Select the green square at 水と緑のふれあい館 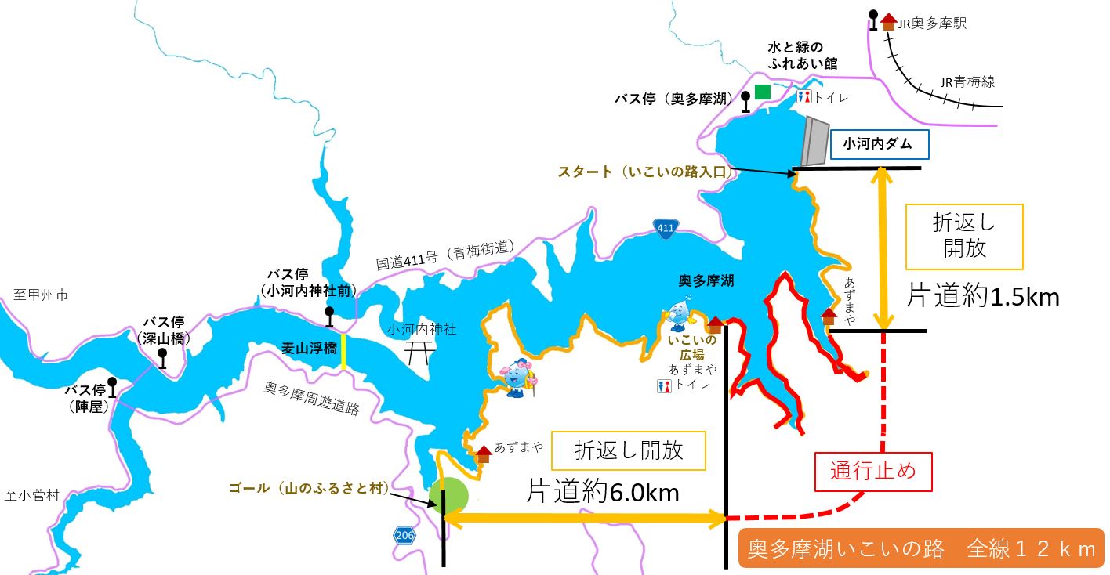[762, 92]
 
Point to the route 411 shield [664, 227]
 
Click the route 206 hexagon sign [404, 536]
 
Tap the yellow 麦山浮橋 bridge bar [344, 352]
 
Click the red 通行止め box [873, 472]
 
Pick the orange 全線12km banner [921, 549]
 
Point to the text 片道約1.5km [983, 296]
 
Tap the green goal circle [449, 495]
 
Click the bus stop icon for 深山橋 [162, 358]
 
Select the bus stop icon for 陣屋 [112, 387]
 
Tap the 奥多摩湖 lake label [706, 280]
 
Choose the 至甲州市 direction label [41, 295]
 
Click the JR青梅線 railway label [967, 81]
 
